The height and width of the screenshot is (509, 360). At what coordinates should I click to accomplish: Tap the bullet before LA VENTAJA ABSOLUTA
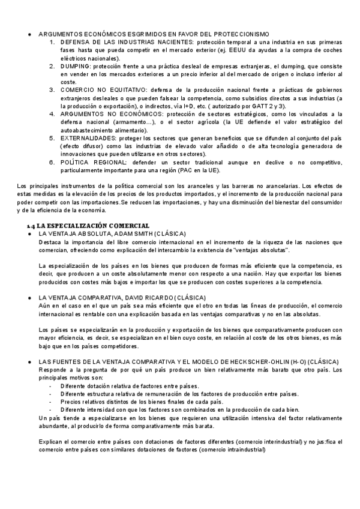pos(29,216)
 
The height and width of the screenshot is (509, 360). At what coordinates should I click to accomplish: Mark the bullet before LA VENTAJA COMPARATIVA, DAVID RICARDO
pos(29,298)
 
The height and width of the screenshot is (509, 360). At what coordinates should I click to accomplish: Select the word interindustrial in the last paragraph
pos(271,442)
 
